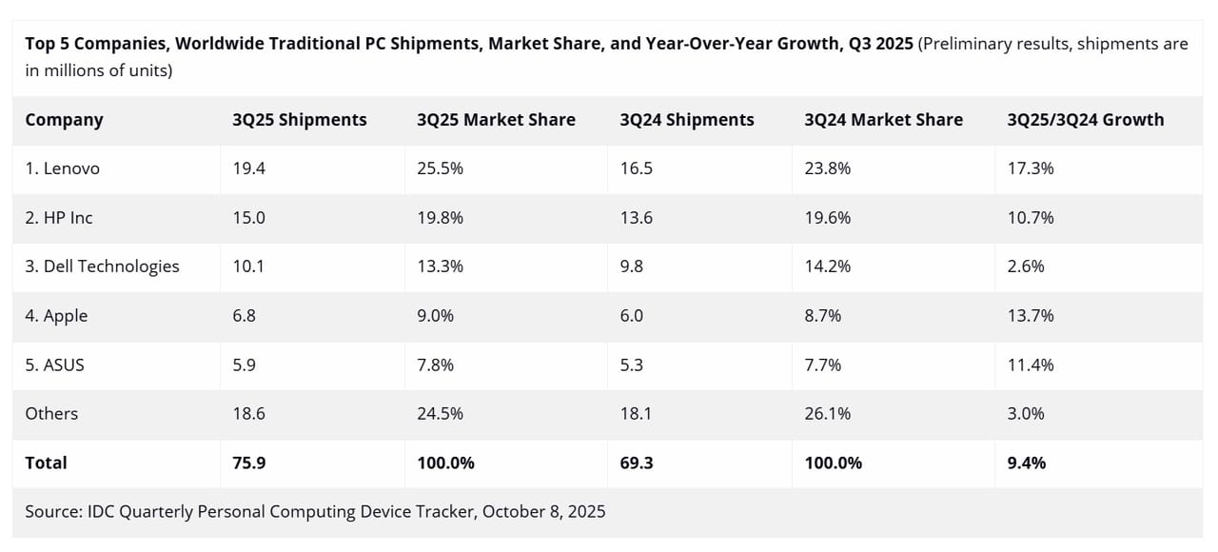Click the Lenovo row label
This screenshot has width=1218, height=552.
(x=62, y=168)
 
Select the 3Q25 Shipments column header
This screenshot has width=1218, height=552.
(x=299, y=120)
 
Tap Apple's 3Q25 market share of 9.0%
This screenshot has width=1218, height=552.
(x=435, y=315)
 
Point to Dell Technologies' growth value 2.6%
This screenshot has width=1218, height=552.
(x=1026, y=266)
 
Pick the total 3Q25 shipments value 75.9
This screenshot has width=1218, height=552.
(x=248, y=463)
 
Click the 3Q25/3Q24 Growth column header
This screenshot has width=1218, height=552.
(x=1085, y=120)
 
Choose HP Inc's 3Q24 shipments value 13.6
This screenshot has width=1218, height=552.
(x=636, y=217)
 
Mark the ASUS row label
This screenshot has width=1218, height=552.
(x=54, y=365)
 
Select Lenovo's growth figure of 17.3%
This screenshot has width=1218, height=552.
(x=1031, y=168)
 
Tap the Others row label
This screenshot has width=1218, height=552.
(x=51, y=413)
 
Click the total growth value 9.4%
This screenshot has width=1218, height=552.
(x=1026, y=463)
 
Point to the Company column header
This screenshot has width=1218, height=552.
(x=64, y=120)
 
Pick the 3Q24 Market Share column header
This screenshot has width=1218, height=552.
(x=883, y=120)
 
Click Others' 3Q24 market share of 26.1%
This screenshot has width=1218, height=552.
(x=827, y=413)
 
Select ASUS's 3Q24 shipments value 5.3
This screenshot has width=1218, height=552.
(x=631, y=365)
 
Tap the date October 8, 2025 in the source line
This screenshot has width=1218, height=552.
(x=543, y=511)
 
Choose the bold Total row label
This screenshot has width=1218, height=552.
(x=46, y=463)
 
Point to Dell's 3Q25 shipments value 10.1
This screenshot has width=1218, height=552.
(x=248, y=266)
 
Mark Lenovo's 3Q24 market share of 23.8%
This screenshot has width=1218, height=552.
(x=827, y=168)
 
